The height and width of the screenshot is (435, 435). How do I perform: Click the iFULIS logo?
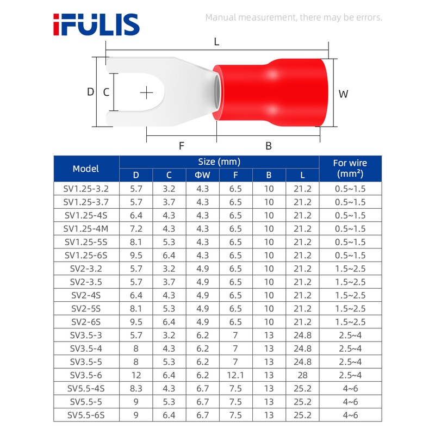(96, 24)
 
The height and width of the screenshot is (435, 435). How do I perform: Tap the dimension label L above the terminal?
(216, 42)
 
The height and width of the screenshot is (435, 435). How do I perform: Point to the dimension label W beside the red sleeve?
(343, 94)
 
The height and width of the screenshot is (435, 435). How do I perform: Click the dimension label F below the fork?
(182, 146)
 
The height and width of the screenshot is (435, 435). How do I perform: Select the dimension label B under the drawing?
(269, 146)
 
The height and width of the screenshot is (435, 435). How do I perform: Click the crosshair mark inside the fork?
(146, 92)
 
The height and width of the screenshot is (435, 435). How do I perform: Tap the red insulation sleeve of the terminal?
(270, 92)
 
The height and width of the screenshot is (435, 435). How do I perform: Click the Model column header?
(86, 169)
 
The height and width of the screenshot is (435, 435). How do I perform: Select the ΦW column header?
(202, 175)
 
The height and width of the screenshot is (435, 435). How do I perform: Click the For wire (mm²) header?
(350, 169)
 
